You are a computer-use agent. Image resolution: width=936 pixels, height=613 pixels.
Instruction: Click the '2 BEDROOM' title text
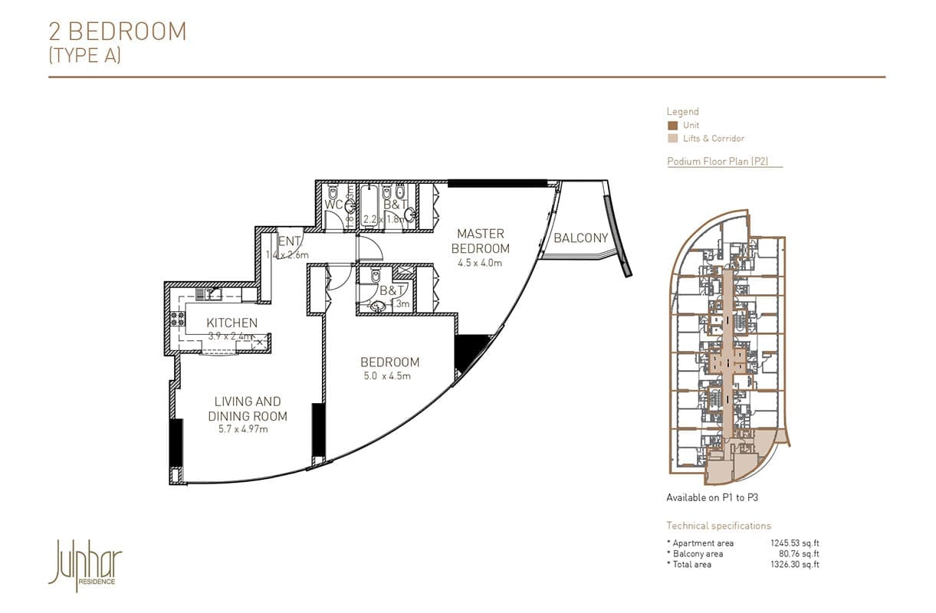pos(117,31)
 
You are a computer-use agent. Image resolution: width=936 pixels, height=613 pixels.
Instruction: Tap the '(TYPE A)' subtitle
pos(84,55)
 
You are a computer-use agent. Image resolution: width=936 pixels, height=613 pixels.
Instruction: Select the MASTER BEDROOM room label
pos(480,241)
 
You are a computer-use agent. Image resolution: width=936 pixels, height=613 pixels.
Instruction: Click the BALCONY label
pos(580,238)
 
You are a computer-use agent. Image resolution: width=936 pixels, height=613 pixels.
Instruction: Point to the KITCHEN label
pos(232,323)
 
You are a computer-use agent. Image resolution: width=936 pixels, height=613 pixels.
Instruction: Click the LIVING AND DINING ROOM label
pos(247,408)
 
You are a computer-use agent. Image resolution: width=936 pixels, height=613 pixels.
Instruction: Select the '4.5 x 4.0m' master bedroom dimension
pos(480,263)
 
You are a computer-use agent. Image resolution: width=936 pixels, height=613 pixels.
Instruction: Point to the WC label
pos(333,205)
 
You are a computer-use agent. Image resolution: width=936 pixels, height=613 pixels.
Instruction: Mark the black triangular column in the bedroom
pos(468,352)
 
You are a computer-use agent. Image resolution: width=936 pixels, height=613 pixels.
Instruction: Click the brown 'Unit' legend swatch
pos(672,126)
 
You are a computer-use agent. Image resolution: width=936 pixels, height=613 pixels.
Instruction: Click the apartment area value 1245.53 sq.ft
pos(795,543)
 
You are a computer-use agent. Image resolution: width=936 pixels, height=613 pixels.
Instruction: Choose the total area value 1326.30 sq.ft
pos(795,565)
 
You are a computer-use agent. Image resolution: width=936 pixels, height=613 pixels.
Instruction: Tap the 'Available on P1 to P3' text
pos(712,497)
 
